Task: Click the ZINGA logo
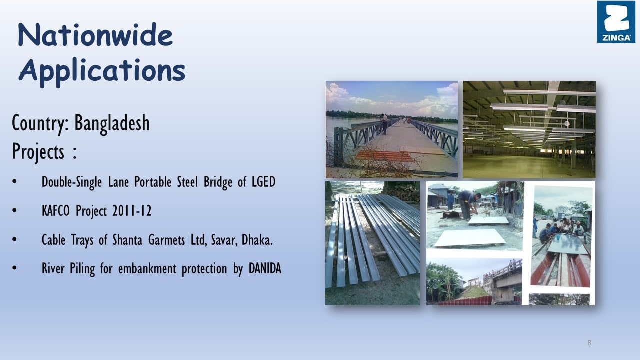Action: pyautogui.click(x=616, y=22)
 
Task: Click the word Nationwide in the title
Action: pyautogui.click(x=95, y=35)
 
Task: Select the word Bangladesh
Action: pyautogui.click(x=112, y=123)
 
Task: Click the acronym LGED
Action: pyautogui.click(x=263, y=182)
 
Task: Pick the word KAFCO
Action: pyautogui.click(x=55, y=211)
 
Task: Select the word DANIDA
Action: pyautogui.click(x=265, y=268)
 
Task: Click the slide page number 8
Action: pyautogui.click(x=589, y=343)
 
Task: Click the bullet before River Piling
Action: pyautogui.click(x=15, y=268)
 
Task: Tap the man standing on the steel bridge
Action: pyautogui.click(x=384, y=124)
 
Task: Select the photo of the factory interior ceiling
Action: pyautogui.click(x=529, y=129)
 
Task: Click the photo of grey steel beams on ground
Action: pyautogui.click(x=373, y=243)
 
